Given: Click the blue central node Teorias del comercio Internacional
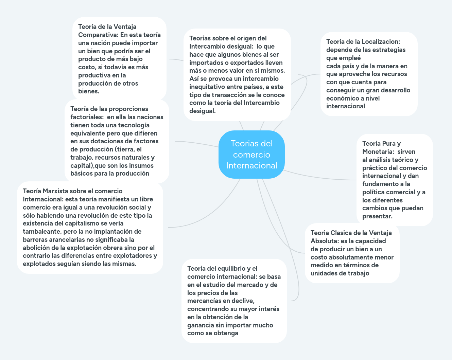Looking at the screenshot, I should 251,155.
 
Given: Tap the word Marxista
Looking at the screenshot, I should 55,191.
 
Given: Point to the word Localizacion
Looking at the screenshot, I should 381,42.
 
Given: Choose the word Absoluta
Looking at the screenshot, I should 325,241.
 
